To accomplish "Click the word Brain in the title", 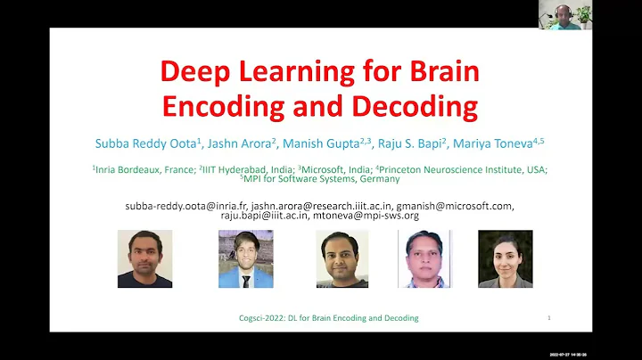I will pos(440,71).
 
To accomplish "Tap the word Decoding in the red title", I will pos(415,106).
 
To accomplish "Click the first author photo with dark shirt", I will pos(144,258).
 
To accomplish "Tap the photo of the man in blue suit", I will pos(245,258).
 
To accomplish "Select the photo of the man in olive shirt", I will pos(342,258).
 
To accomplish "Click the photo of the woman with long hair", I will pos(505,258).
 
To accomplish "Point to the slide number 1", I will pos(548,318).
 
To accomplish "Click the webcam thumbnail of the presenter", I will pos(564,14).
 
